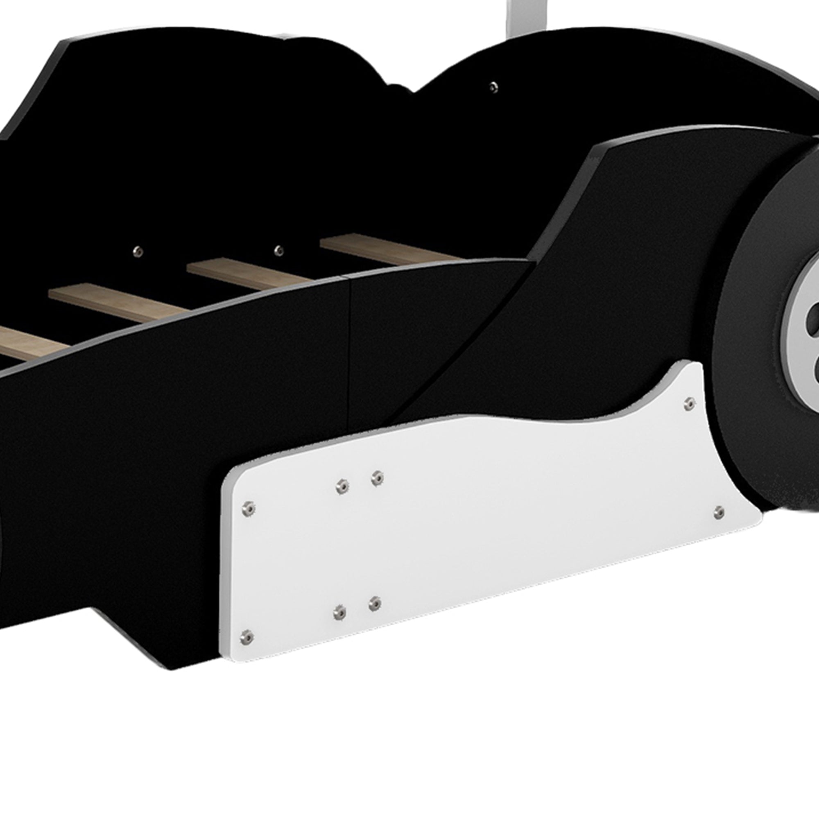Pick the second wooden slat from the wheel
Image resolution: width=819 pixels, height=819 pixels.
[250, 274]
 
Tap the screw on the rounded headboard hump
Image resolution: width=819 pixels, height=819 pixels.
[492, 87]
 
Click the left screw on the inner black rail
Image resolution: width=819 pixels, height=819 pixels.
[138, 252]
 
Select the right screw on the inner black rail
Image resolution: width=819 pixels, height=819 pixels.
[278, 250]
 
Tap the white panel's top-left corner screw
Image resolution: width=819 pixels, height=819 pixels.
[249, 507]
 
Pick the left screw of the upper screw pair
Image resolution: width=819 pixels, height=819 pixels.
[342, 486]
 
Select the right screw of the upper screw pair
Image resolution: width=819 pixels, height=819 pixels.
[377, 479]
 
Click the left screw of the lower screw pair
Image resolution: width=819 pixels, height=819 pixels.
[339, 612]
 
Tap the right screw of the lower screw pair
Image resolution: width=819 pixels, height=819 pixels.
[375, 603]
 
